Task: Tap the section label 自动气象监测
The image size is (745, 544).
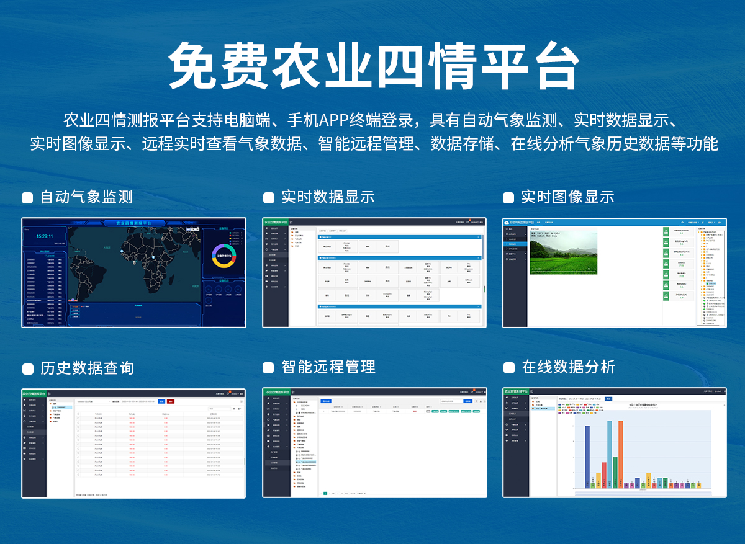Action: click(x=86, y=197)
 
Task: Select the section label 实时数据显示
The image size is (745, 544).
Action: click(x=328, y=197)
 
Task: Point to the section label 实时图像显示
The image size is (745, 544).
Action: click(x=567, y=197)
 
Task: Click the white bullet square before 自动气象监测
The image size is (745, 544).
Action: click(x=27, y=198)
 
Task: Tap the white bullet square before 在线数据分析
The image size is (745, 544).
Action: click(x=508, y=368)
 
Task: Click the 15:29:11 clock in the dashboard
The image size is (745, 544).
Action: click(x=44, y=236)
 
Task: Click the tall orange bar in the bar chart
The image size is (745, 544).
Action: click(x=620, y=453)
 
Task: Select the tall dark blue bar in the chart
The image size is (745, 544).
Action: click(x=587, y=456)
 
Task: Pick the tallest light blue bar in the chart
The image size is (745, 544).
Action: click(x=610, y=453)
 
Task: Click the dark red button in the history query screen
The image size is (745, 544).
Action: click(x=171, y=401)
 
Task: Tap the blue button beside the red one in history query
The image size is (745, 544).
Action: click(x=161, y=401)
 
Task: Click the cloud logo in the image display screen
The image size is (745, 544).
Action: click(x=507, y=221)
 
